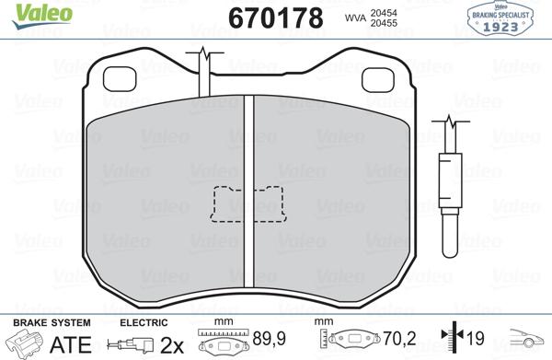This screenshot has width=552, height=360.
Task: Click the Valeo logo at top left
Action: click(42, 17)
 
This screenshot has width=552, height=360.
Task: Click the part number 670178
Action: click(275, 17)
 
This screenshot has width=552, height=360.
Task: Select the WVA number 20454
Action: click(384, 13)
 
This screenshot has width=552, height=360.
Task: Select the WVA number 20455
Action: click(384, 23)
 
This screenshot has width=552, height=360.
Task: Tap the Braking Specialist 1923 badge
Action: click(500, 18)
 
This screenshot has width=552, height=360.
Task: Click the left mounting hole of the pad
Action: click(120, 79)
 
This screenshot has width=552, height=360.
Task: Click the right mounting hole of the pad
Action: click(378, 79)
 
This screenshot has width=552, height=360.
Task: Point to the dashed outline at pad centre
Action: click(248, 204)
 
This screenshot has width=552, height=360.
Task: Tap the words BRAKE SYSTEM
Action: click(52, 322)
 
